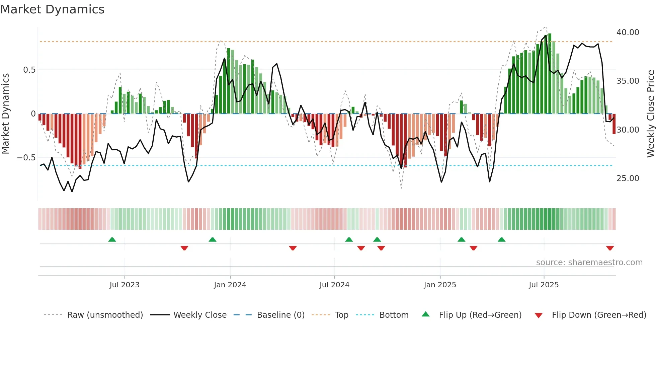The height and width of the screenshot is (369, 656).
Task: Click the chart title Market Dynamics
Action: [x=52, y=9]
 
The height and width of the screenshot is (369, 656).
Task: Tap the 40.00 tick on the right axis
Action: [x=628, y=32]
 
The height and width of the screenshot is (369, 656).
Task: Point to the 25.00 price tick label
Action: [x=628, y=178]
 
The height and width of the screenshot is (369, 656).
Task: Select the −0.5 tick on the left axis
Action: [x=26, y=158]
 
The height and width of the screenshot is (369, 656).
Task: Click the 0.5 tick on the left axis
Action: [x=29, y=70]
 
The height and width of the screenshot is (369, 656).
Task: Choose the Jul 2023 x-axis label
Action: [x=124, y=285]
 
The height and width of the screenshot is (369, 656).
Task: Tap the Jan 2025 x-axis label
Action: [x=439, y=285]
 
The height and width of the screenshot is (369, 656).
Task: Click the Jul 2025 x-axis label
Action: [x=544, y=285]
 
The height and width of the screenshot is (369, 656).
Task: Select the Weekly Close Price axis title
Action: [x=650, y=114]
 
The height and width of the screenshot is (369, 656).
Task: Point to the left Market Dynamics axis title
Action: [x=5, y=114]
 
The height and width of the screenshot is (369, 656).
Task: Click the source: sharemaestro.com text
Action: [x=589, y=263]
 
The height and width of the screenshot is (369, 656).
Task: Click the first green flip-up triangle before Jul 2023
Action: [x=112, y=240]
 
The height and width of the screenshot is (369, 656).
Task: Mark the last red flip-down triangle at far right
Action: [x=610, y=248]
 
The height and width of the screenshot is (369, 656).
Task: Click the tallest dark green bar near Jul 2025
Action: [x=550, y=74]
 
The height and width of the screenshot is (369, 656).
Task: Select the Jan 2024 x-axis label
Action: [x=230, y=285]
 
